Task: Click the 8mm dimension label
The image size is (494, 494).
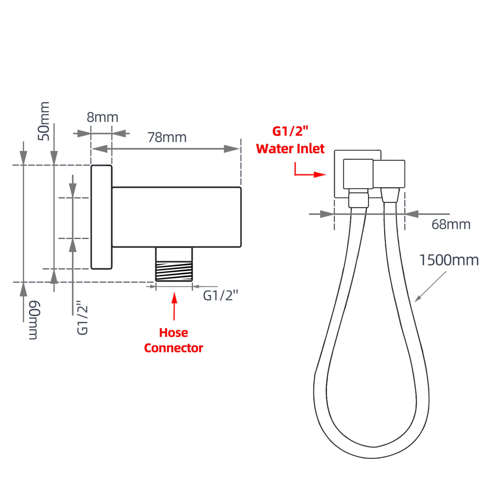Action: (x=102, y=118)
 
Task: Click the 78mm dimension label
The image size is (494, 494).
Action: (x=167, y=138)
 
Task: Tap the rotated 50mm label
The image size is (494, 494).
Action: (x=44, y=121)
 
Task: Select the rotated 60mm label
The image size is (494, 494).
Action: (x=34, y=320)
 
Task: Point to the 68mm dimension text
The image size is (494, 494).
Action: (x=451, y=225)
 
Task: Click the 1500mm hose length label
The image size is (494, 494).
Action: (x=449, y=260)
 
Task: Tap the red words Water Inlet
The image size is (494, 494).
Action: (x=290, y=149)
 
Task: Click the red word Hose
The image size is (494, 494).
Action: (x=173, y=333)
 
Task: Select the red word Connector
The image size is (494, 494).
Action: (x=173, y=348)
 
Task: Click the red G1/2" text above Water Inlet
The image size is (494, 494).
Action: (x=290, y=131)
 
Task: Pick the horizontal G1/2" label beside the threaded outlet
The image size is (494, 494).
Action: (x=220, y=296)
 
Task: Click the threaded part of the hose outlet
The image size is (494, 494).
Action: (x=174, y=271)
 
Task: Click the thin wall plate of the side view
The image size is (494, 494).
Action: (x=101, y=217)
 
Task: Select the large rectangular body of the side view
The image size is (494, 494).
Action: (x=176, y=217)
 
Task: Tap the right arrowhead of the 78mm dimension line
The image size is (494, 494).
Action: (x=231, y=149)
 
